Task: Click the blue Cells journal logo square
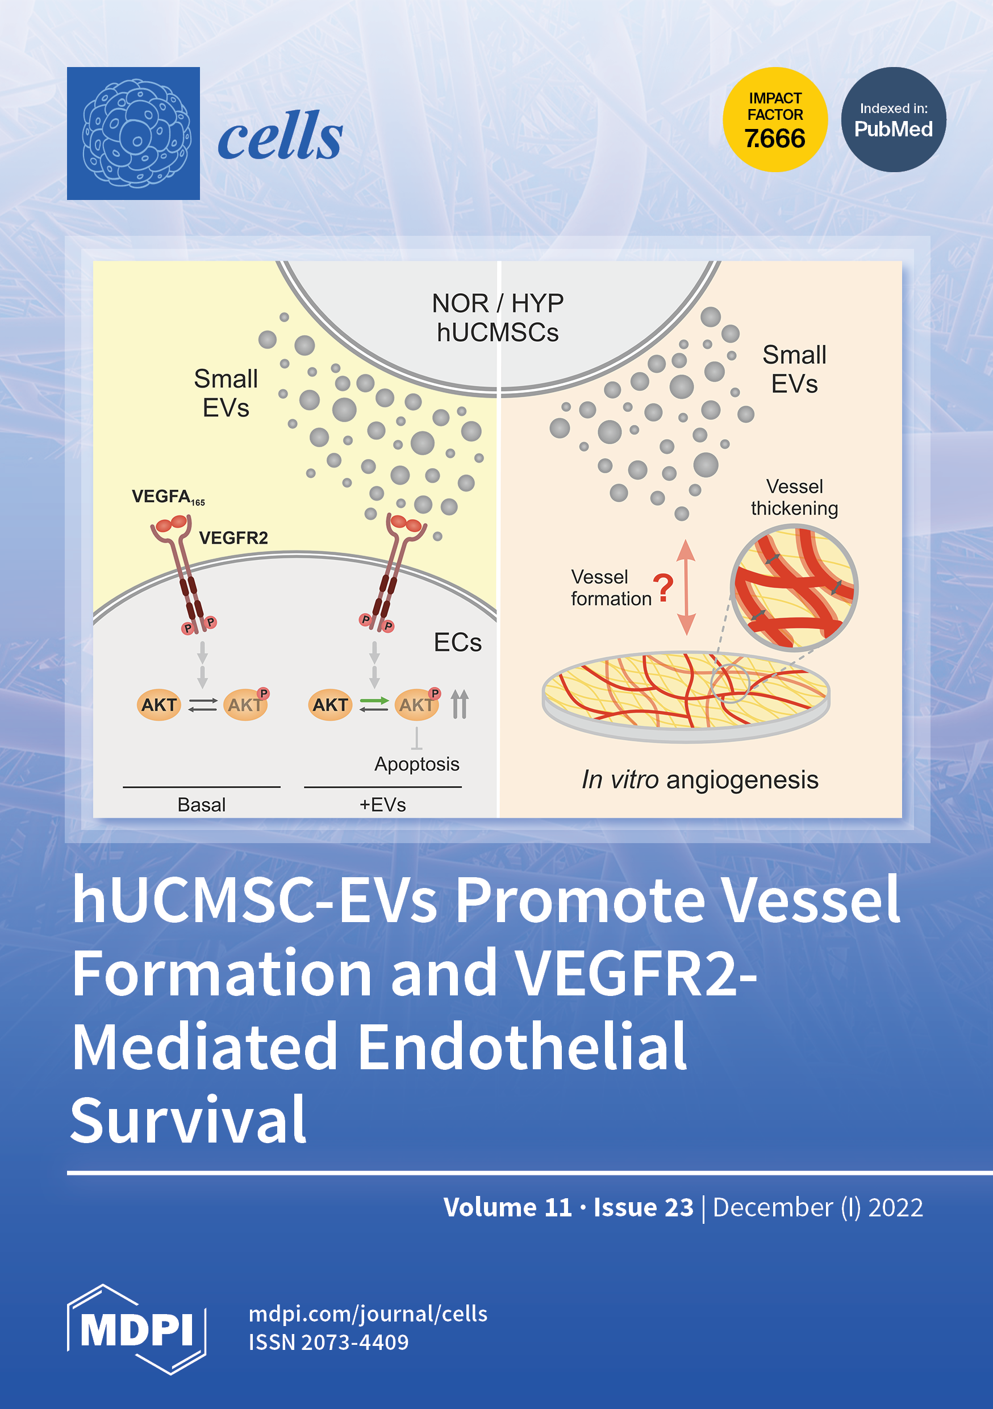click(133, 133)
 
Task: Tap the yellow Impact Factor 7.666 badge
click(774, 120)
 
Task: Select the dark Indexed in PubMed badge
click(893, 120)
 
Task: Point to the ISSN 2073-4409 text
click(328, 1342)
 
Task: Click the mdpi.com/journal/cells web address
click(368, 1314)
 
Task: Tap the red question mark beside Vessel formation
click(663, 587)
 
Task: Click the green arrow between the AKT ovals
click(374, 700)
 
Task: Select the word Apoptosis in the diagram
click(417, 764)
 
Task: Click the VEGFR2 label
click(233, 538)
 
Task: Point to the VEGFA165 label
click(168, 497)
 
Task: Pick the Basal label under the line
click(201, 804)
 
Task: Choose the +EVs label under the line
click(382, 804)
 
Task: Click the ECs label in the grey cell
click(457, 643)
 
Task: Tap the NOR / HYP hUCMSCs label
click(497, 317)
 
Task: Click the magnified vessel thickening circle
click(794, 587)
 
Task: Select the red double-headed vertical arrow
click(686, 587)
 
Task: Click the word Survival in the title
click(189, 1120)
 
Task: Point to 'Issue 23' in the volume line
click(643, 1207)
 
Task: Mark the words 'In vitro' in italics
click(620, 780)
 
